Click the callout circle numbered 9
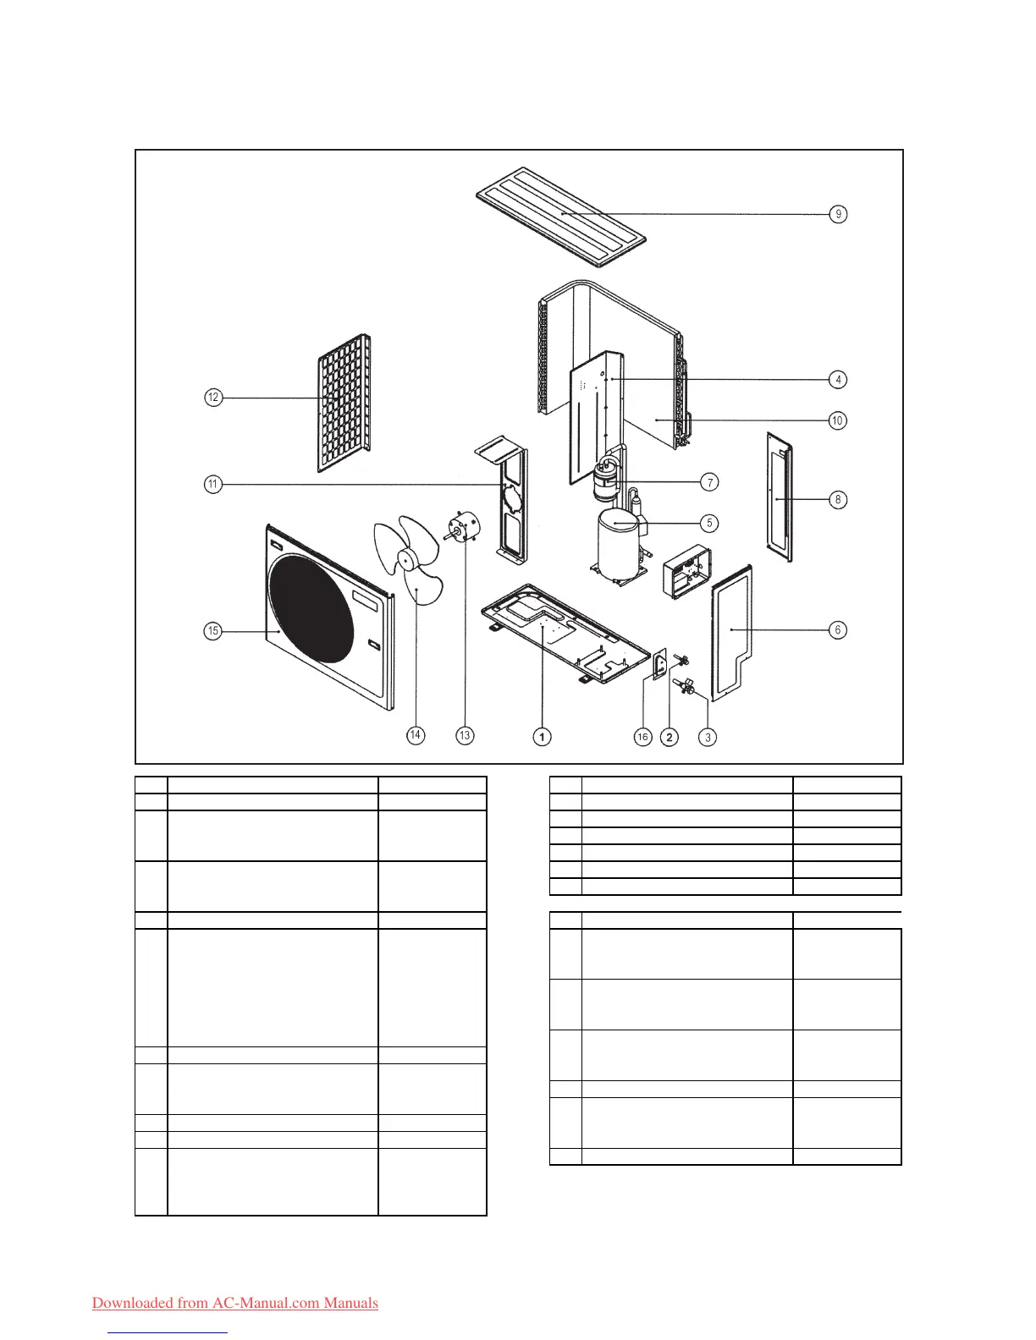click(x=838, y=214)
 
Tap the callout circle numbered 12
click(x=213, y=398)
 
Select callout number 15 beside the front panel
click(x=213, y=630)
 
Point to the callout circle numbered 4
click(x=838, y=380)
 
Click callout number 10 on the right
click(x=837, y=420)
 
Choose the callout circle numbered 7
click(x=709, y=482)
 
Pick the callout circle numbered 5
click(x=709, y=523)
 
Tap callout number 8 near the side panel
click(x=838, y=499)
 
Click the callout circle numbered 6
click(x=838, y=629)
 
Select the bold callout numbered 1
click(x=542, y=737)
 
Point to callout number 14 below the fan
click(x=416, y=735)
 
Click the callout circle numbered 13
click(x=464, y=735)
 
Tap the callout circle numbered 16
click(x=642, y=737)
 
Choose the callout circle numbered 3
click(x=708, y=737)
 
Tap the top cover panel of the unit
click(x=561, y=214)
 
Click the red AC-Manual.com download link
click(x=235, y=1303)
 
